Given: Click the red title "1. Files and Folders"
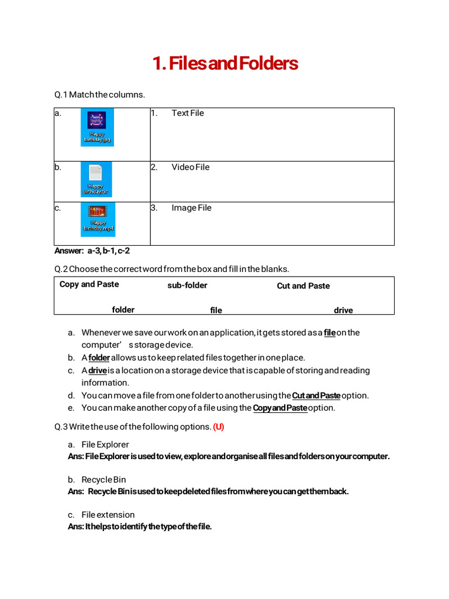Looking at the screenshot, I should tap(225, 63).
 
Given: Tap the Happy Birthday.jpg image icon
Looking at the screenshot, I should tap(97, 127).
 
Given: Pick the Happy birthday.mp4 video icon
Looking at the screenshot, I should tap(97, 219).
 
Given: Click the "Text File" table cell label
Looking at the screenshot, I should tap(188, 113).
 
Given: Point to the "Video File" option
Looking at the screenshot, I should tap(190, 167).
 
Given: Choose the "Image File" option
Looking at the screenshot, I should tap(191, 208).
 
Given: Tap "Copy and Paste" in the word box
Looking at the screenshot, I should tap(89, 284).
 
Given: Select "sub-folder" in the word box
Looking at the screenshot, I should tap(187, 285).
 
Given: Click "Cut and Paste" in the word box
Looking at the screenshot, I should tap(303, 286).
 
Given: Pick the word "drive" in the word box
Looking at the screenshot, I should tap(343, 310).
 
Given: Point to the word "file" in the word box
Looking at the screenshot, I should tap(216, 310).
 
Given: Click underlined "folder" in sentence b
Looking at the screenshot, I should tap(99, 357).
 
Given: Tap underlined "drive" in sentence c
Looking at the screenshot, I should tap(98, 370).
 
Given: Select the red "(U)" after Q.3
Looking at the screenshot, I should tap(219, 427).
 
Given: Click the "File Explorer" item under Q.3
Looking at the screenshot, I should tap(105, 445).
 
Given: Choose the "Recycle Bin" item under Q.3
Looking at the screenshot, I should tap(103, 480).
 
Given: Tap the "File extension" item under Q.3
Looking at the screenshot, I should tap(108, 515).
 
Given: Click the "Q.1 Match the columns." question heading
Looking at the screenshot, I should tap(99, 94).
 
